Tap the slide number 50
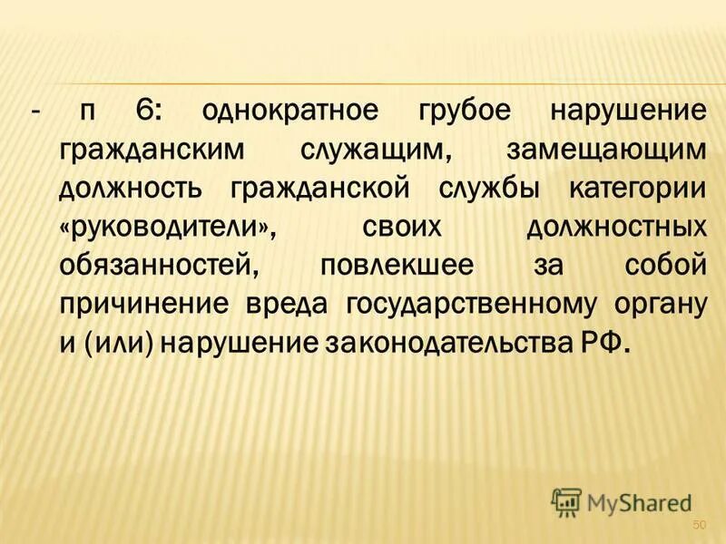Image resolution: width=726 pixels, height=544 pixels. (x=699, y=525)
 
